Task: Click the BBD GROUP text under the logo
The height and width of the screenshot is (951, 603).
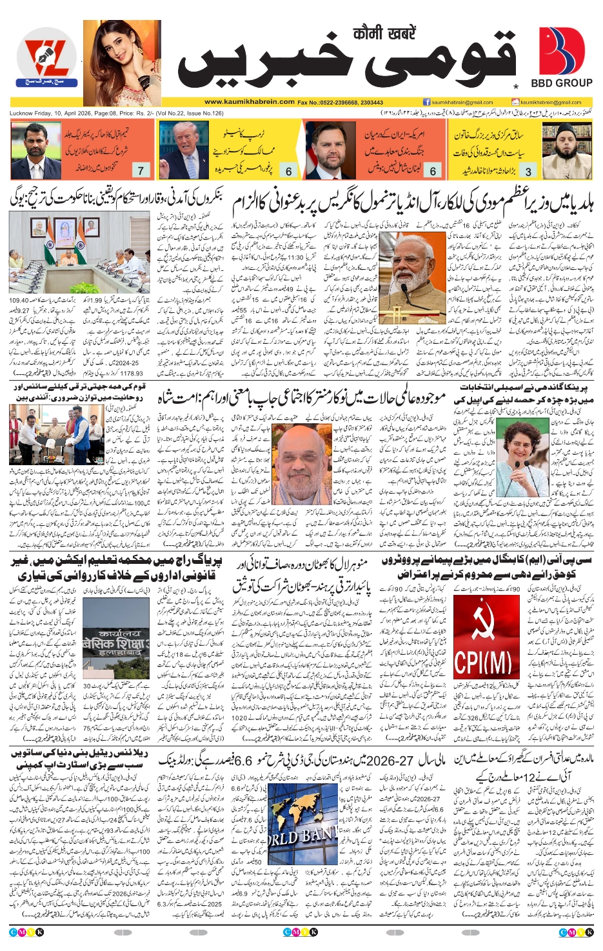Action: tap(561, 83)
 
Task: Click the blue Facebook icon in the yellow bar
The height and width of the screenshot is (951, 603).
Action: tap(426, 102)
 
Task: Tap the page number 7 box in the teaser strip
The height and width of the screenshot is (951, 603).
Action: tap(141, 170)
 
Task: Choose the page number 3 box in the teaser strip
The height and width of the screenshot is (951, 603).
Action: tap(528, 171)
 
